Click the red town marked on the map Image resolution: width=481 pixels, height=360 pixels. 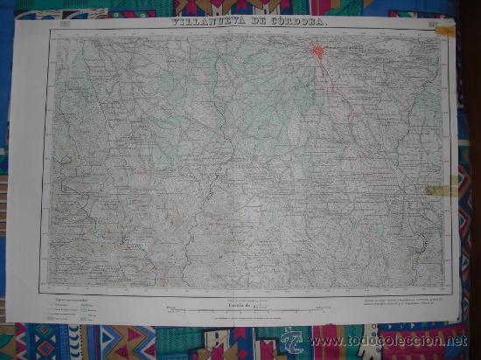point(317,52)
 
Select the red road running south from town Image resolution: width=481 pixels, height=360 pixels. point(337,96)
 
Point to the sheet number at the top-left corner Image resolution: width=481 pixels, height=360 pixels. point(62,35)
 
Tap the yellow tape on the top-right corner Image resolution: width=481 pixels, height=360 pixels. point(447,31)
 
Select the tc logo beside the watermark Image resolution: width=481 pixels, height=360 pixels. point(292,341)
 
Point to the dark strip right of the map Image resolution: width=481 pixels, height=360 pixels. point(472,131)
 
